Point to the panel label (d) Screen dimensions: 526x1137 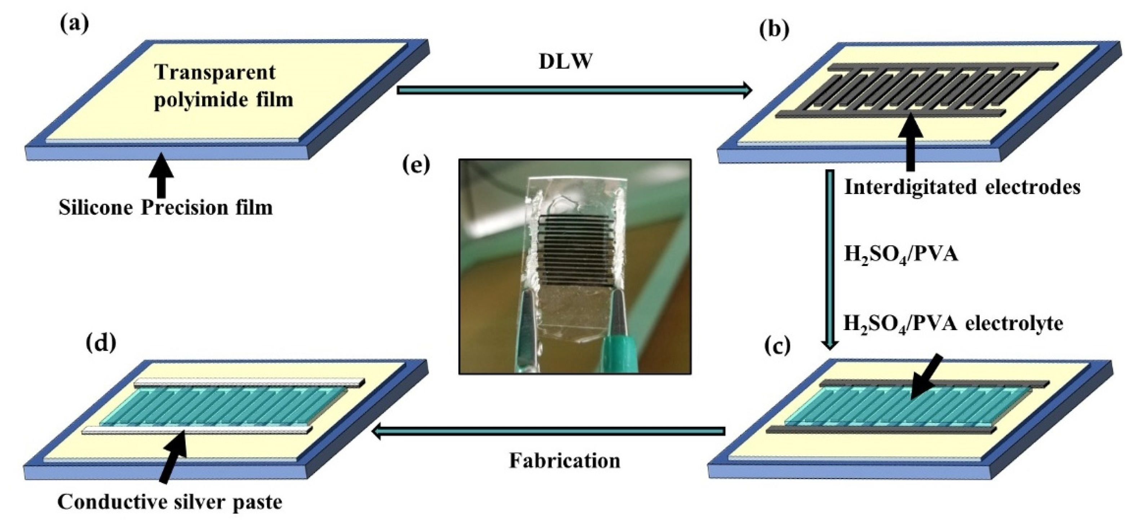pyautogui.click(x=101, y=342)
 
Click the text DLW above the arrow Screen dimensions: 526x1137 pyautogui.click(x=565, y=62)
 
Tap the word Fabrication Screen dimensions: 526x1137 pyautogui.click(x=565, y=461)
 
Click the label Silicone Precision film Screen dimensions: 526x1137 pyautogui.click(x=165, y=207)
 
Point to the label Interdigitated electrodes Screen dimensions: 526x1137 pyautogui.click(x=962, y=187)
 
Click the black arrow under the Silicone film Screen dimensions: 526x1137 pyautogui.click(x=162, y=175)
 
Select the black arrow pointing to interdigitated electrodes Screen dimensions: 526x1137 pyautogui.click(x=910, y=141)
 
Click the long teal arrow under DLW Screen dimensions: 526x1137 pyautogui.click(x=574, y=90)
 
